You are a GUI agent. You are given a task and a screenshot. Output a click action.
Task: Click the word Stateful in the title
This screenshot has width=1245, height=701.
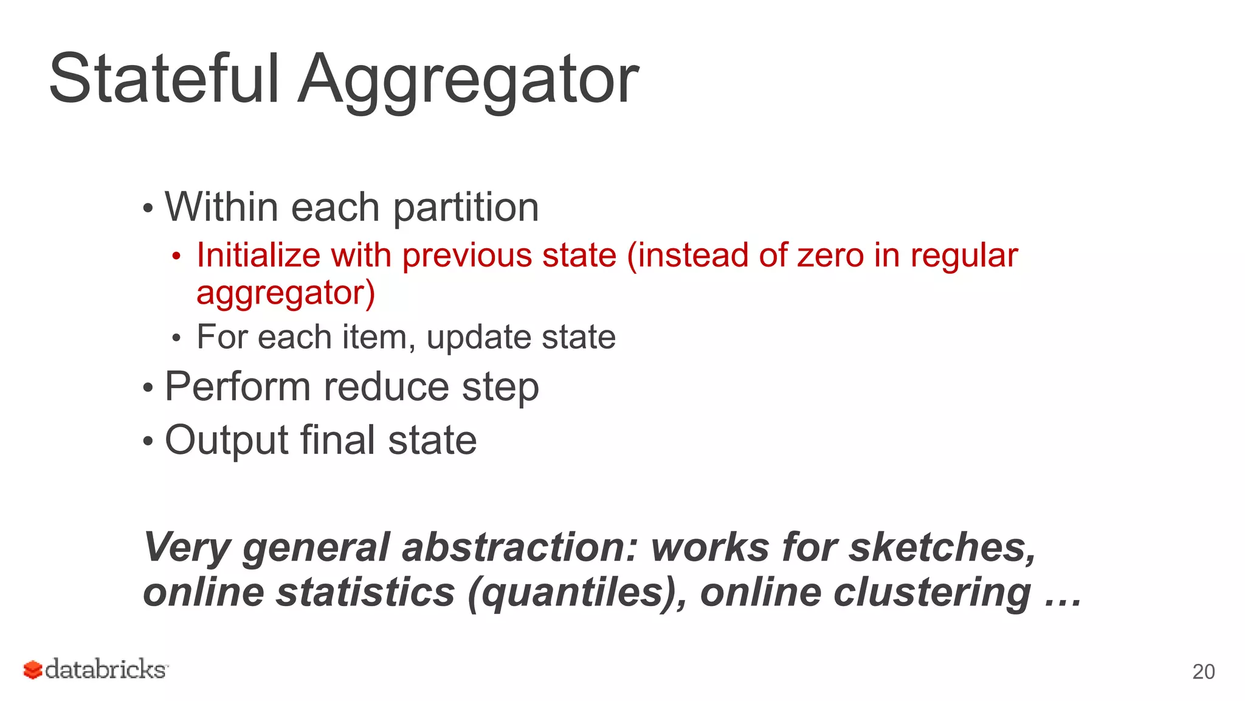pyautogui.click(x=164, y=79)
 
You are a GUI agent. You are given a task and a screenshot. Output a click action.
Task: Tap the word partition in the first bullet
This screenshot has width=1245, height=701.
pyautogui.click(x=466, y=208)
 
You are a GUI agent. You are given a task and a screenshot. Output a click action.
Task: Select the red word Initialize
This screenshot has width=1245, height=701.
pyautogui.click(x=258, y=255)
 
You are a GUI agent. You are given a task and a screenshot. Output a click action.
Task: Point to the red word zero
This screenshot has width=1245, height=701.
pyautogui.click(x=830, y=255)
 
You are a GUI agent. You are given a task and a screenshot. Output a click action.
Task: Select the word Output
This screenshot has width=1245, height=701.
pyautogui.click(x=227, y=441)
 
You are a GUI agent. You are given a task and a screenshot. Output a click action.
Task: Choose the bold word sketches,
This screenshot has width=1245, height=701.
pyautogui.click(x=942, y=547)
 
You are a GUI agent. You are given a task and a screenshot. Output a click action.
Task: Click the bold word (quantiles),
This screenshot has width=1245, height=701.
pyautogui.click(x=578, y=593)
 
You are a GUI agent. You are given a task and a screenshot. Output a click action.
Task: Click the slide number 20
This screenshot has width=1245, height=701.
pyautogui.click(x=1203, y=672)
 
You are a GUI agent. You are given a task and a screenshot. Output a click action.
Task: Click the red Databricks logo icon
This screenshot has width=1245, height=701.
pyautogui.click(x=33, y=670)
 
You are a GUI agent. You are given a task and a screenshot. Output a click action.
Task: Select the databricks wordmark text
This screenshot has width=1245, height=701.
pyautogui.click(x=106, y=669)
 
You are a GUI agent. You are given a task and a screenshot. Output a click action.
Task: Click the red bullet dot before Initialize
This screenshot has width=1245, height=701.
pyautogui.click(x=176, y=257)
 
